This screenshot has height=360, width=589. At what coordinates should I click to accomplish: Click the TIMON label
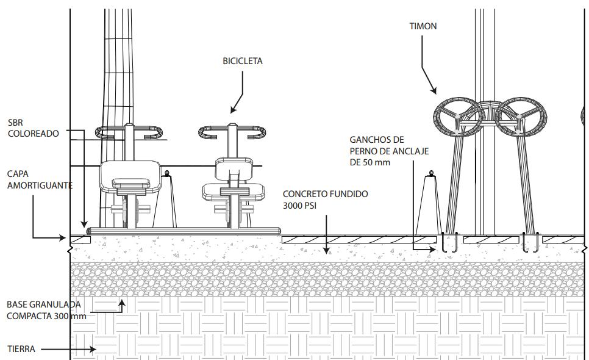coord(423,26)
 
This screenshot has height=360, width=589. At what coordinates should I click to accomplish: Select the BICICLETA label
coord(242,61)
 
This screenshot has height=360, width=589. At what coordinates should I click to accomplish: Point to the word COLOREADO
coord(34,134)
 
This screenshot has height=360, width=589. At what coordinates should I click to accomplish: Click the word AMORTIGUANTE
coord(40,184)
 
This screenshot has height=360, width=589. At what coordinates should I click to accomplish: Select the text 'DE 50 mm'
coord(370,162)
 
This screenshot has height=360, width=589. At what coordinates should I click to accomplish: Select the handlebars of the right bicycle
coord(232,132)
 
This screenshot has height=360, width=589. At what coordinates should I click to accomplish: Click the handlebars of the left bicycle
coord(129,131)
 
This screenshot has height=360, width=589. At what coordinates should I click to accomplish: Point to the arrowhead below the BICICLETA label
coord(232,110)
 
